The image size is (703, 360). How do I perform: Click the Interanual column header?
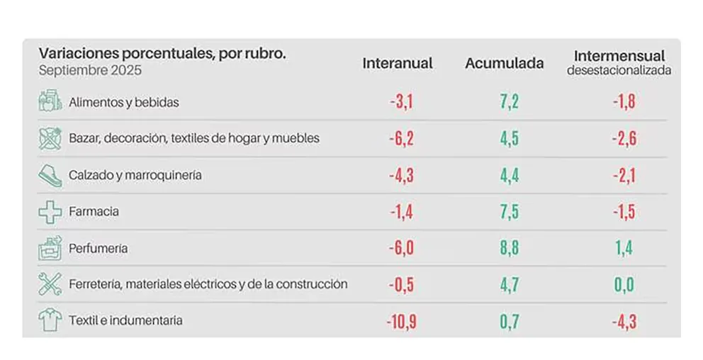397,63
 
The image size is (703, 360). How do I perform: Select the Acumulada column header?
504,63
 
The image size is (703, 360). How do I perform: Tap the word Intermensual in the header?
619,56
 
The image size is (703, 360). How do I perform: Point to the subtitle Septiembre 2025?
90,71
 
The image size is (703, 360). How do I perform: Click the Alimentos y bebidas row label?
123,102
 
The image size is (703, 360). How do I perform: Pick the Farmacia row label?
94,211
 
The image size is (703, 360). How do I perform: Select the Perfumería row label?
98,249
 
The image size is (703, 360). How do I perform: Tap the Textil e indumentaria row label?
125,320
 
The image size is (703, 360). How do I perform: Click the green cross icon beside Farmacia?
50,211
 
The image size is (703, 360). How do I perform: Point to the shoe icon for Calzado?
50,175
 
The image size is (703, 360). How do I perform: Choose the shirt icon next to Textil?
50,320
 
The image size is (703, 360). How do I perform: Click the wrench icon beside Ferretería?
50,284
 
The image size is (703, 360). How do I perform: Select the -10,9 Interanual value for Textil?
400,321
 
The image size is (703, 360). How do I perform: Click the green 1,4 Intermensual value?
623,248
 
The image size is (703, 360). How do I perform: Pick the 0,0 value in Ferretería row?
623,285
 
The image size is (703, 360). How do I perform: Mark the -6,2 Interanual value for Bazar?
400,138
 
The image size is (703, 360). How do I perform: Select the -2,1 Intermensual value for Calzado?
623,175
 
